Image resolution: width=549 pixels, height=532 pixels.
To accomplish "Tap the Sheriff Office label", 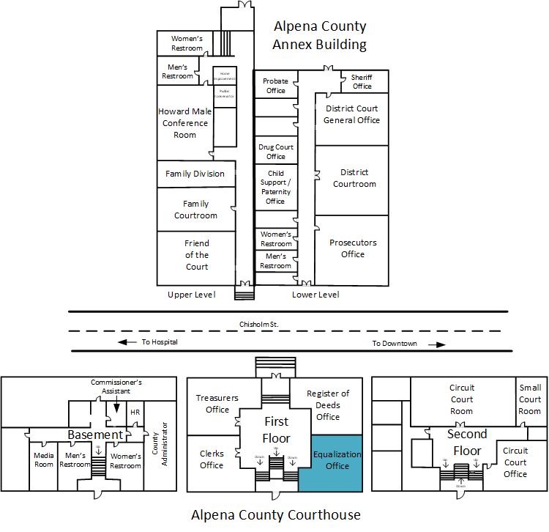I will click(362, 81).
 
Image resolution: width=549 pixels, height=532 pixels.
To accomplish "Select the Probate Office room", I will click(276, 86).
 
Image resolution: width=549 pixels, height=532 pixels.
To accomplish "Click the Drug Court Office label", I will click(276, 152).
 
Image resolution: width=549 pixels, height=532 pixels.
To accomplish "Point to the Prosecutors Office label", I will click(352, 248).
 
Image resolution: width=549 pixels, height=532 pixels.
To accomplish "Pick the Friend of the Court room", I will click(196, 255).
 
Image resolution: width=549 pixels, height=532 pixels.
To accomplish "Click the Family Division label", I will click(195, 174).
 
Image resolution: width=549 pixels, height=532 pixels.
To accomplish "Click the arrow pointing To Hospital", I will click(127, 342).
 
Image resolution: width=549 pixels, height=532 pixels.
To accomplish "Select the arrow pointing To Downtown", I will click(437, 344).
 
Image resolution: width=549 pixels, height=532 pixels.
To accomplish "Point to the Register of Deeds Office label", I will click(328, 405).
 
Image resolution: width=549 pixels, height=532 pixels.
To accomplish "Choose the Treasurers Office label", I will click(217, 404).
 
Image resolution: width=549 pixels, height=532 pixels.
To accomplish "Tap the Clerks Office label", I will click(212, 459).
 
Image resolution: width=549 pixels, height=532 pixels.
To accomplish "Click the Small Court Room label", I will click(529, 399).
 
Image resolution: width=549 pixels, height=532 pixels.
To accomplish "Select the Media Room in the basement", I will click(44, 460).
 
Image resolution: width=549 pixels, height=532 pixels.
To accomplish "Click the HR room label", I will click(135, 413).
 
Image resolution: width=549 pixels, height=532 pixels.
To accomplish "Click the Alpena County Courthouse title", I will click(276, 514).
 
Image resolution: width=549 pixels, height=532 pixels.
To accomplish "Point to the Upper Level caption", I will click(191, 295).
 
